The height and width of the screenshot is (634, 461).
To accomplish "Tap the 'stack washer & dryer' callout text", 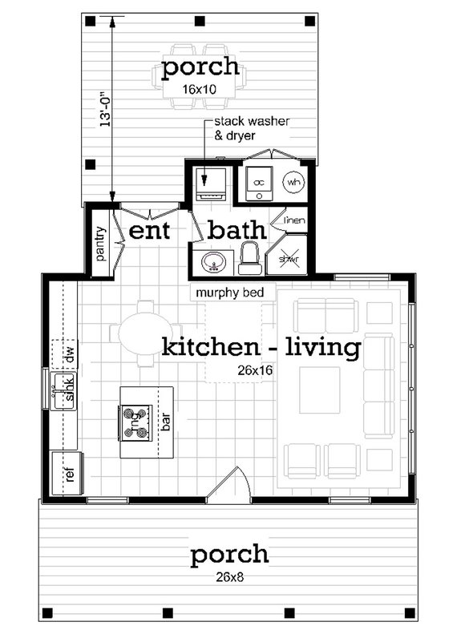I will pos(250,128).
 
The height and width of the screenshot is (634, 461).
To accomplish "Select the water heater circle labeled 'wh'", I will pos(293,182).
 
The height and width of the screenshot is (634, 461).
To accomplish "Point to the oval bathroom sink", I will pos(214,261).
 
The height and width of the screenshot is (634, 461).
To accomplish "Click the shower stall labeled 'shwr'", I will pos(290,257).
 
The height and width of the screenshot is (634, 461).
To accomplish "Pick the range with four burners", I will pos(135,422).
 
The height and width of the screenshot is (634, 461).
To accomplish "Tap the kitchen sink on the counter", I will pos(64,392).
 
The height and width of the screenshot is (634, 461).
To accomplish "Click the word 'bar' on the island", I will pos(166,422).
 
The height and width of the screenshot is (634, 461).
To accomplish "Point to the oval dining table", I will pos(144,333).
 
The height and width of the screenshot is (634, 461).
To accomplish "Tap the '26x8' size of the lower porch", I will pos(229,575).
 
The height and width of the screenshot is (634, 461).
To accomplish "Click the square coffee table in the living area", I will pos(319,390).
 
